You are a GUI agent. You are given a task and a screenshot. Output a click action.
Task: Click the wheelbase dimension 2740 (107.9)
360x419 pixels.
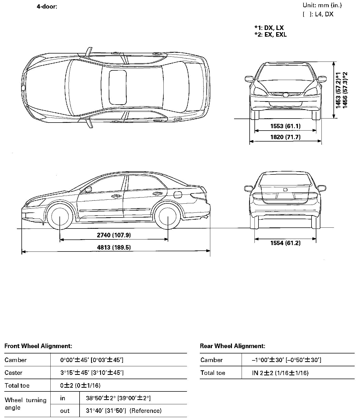click(114, 235)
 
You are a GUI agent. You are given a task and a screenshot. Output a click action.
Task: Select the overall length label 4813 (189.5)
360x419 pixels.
click(114, 247)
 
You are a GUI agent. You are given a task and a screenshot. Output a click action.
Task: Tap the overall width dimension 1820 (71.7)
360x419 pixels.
click(285, 137)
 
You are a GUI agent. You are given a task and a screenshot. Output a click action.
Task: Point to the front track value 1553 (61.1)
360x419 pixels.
click(285, 126)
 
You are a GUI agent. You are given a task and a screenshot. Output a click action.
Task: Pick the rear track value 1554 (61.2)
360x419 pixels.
click(285, 243)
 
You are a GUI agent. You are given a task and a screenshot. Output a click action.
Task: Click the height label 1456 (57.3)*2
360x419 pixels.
click(345, 90)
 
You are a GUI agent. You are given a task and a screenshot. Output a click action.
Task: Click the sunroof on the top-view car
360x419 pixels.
click(118, 87)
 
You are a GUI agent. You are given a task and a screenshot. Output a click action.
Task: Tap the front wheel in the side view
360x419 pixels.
click(59, 216)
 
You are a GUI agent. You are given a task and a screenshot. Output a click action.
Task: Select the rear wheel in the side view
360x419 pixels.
click(168, 216)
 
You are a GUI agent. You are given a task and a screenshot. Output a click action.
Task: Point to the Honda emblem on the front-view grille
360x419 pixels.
click(286, 94)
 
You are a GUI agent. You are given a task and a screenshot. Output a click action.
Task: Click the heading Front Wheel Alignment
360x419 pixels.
click(38, 346)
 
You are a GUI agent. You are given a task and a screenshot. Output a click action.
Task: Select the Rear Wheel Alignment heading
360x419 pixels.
click(232, 346)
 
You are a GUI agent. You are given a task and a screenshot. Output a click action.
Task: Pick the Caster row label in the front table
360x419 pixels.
click(13, 373)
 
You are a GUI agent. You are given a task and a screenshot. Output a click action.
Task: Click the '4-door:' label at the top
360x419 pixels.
click(47, 6)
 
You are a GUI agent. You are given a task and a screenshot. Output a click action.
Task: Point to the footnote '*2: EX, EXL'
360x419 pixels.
click(271, 35)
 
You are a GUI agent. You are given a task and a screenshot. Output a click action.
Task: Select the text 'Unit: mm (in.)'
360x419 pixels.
click(322, 5)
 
